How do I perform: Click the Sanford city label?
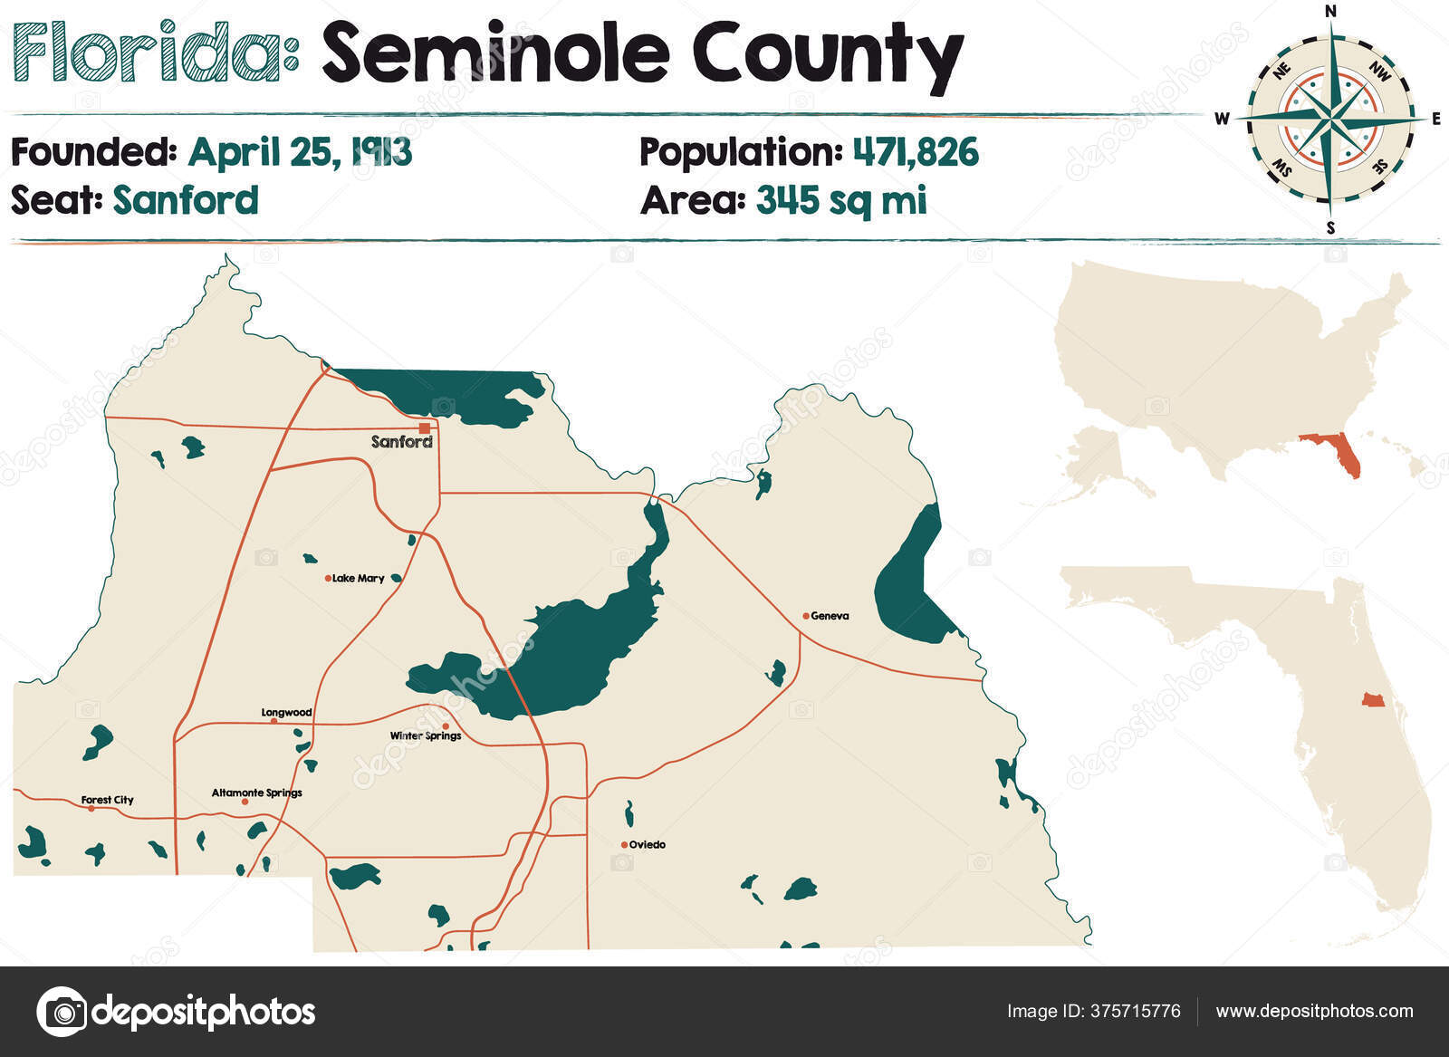pos(401,442)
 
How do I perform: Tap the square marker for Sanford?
pos(425,428)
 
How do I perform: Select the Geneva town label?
pos(830,616)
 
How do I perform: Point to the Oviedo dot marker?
pos(624,845)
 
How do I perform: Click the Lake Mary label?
pos(359,578)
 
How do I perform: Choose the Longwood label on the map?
pos(286,713)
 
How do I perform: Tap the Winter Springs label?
pos(426,735)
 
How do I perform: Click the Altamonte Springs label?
pos(257,793)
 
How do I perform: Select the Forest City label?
pos(107,800)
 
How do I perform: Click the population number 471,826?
pos(916,152)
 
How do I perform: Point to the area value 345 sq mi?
pos(841,200)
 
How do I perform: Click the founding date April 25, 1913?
pos(300,152)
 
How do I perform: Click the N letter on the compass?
pos(1330,12)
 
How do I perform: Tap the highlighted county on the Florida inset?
pos(1373,700)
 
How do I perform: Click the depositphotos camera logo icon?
pos(62,1011)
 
